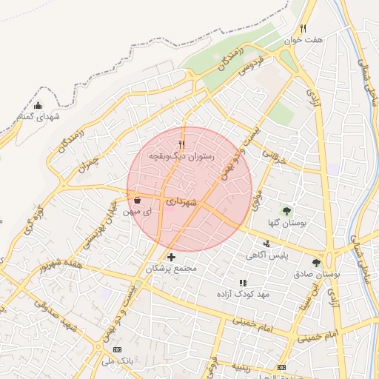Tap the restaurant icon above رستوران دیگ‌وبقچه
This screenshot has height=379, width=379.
coord(181,144)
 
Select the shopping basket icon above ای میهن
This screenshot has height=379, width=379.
coord(138,199)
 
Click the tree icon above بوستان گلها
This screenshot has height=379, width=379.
coord(286,210)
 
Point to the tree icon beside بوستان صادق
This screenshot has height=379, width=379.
coord(316,263)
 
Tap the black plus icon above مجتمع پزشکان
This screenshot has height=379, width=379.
coord(172,256)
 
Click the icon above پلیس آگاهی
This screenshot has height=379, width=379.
coord(266,244)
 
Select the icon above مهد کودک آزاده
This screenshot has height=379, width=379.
coord(243,283)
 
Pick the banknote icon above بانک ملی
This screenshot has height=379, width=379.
coord(117,349)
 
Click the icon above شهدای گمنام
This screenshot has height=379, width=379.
coord(38,105)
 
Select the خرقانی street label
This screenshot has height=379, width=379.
coord(273,153)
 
